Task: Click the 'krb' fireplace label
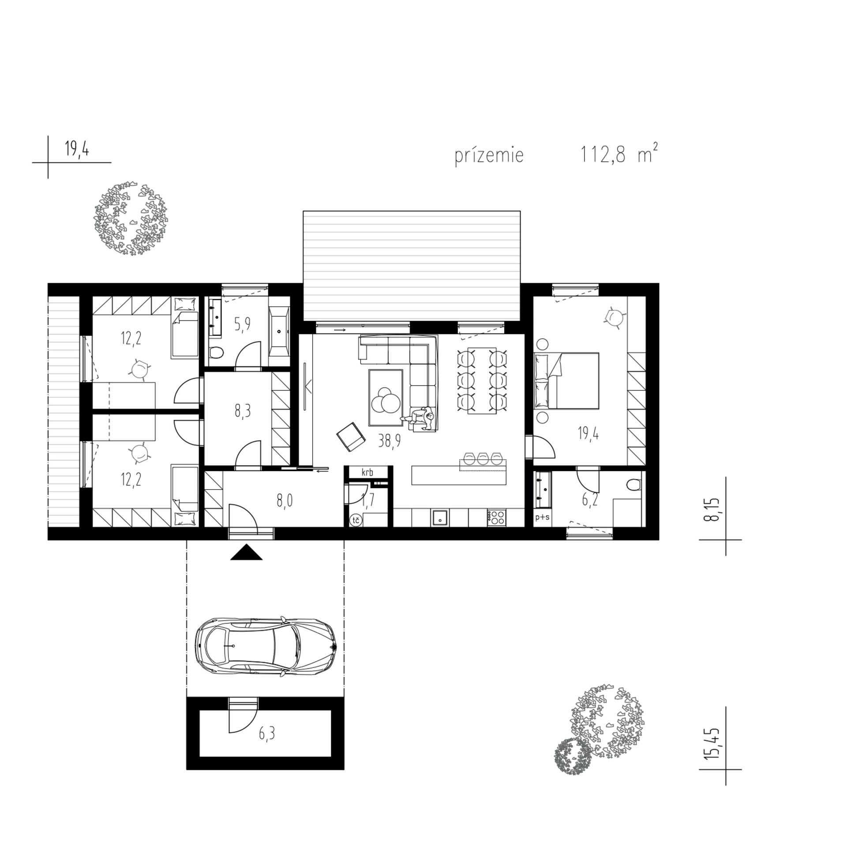pyautogui.click(x=367, y=472)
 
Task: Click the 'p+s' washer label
pyautogui.click(x=542, y=517)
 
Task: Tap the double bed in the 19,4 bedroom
pyautogui.click(x=566, y=380)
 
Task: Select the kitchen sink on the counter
pyautogui.click(x=440, y=517)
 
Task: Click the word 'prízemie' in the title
pyautogui.click(x=489, y=156)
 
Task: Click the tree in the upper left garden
pyautogui.click(x=130, y=218)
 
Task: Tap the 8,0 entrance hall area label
pyautogui.click(x=285, y=501)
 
